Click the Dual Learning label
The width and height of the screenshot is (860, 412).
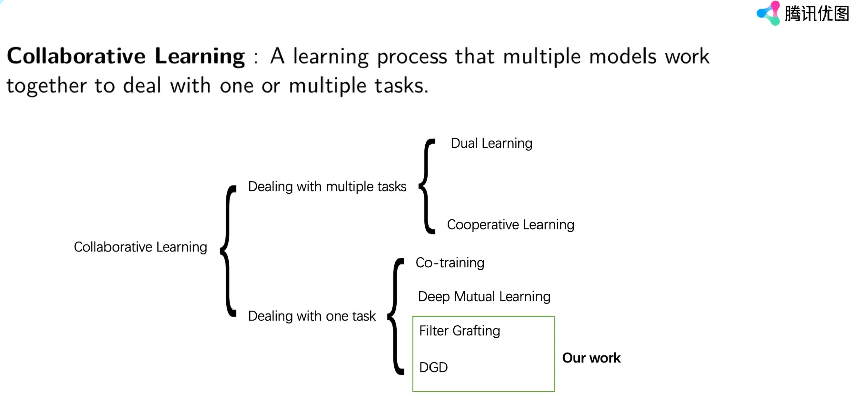(x=491, y=144)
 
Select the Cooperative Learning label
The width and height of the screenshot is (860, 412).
(x=510, y=225)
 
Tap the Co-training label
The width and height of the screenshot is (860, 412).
(x=450, y=263)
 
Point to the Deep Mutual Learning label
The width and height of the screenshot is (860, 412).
(x=484, y=297)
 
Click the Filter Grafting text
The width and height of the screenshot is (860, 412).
(x=459, y=331)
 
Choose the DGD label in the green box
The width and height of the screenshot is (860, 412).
(x=433, y=367)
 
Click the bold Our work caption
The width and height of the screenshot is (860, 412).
(x=591, y=358)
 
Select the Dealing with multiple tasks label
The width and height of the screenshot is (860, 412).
(x=327, y=187)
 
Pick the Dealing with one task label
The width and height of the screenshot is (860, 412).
(x=311, y=316)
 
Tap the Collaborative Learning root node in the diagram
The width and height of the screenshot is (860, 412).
(x=140, y=247)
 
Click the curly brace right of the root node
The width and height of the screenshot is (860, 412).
(x=229, y=250)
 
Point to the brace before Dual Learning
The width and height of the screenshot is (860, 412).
(x=427, y=186)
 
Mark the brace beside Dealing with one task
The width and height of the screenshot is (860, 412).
(x=396, y=317)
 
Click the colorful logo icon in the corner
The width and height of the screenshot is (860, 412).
(x=768, y=13)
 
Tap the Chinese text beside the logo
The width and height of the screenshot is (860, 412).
(x=816, y=14)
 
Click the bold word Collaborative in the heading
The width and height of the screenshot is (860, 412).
(x=76, y=56)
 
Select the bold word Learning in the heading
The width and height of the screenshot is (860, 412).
(x=199, y=56)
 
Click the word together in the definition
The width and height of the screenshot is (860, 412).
(x=46, y=86)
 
